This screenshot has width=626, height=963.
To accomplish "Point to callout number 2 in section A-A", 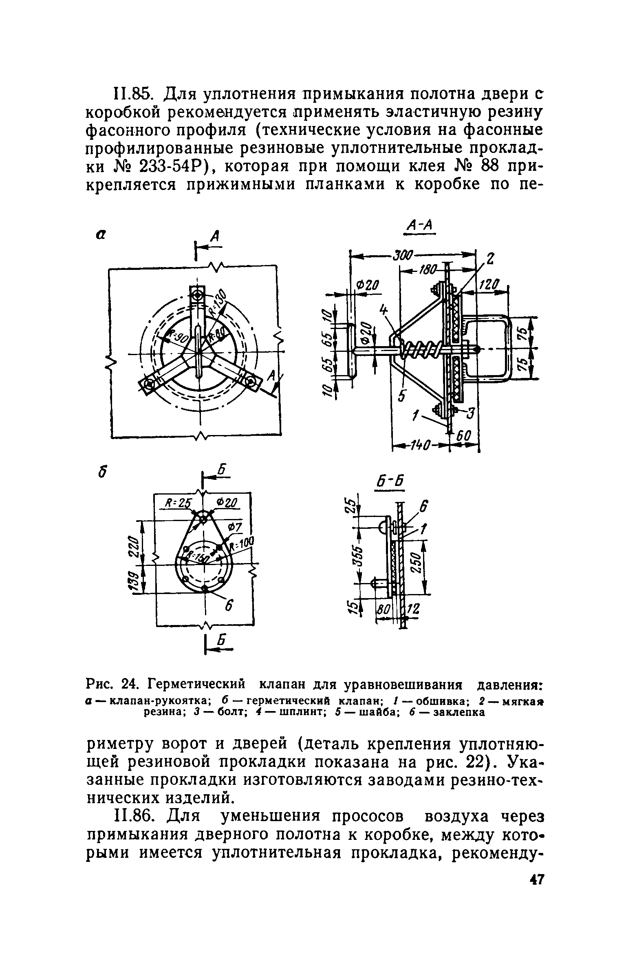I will pos(490,259).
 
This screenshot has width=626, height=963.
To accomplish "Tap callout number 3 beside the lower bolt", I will pos(471,415).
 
